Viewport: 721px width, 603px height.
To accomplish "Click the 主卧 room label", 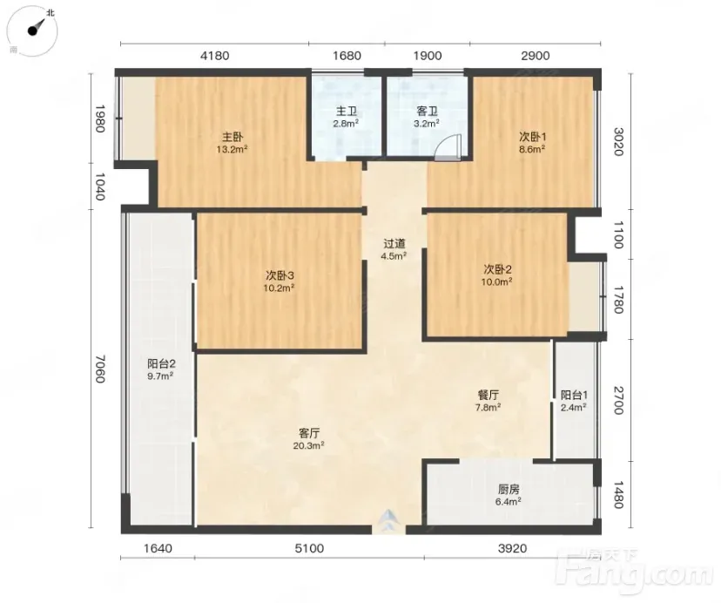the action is pyautogui.click(x=232, y=137).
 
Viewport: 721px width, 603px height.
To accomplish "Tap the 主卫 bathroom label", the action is pyautogui.click(x=347, y=112).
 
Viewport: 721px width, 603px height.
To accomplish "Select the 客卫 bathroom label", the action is pyautogui.click(x=427, y=112).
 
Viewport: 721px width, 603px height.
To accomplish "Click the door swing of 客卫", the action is pyautogui.click(x=448, y=147).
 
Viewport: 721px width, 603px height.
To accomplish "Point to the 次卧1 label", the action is pyautogui.click(x=532, y=137).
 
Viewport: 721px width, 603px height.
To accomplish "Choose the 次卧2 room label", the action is pyautogui.click(x=497, y=269).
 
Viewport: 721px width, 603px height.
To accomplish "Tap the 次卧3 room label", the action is pyautogui.click(x=280, y=275).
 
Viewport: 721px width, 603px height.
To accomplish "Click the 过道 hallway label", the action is pyautogui.click(x=394, y=244).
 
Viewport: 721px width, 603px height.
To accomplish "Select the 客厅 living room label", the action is pyautogui.click(x=309, y=433).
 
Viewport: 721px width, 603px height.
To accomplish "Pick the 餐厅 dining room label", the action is pyautogui.click(x=489, y=395).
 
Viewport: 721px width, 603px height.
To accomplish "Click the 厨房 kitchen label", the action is pyautogui.click(x=509, y=490).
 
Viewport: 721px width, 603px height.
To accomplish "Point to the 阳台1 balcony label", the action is pyautogui.click(x=575, y=395).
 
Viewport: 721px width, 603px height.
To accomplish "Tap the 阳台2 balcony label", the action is pyautogui.click(x=161, y=363).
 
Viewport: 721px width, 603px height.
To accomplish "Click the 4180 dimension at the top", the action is pyautogui.click(x=215, y=56).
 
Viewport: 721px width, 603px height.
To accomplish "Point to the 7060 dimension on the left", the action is pyautogui.click(x=100, y=369).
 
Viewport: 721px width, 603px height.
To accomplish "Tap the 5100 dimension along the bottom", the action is pyautogui.click(x=309, y=548).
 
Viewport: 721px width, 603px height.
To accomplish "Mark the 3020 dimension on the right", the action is pyautogui.click(x=619, y=142).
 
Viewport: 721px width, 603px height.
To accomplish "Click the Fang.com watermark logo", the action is pyautogui.click(x=634, y=572).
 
